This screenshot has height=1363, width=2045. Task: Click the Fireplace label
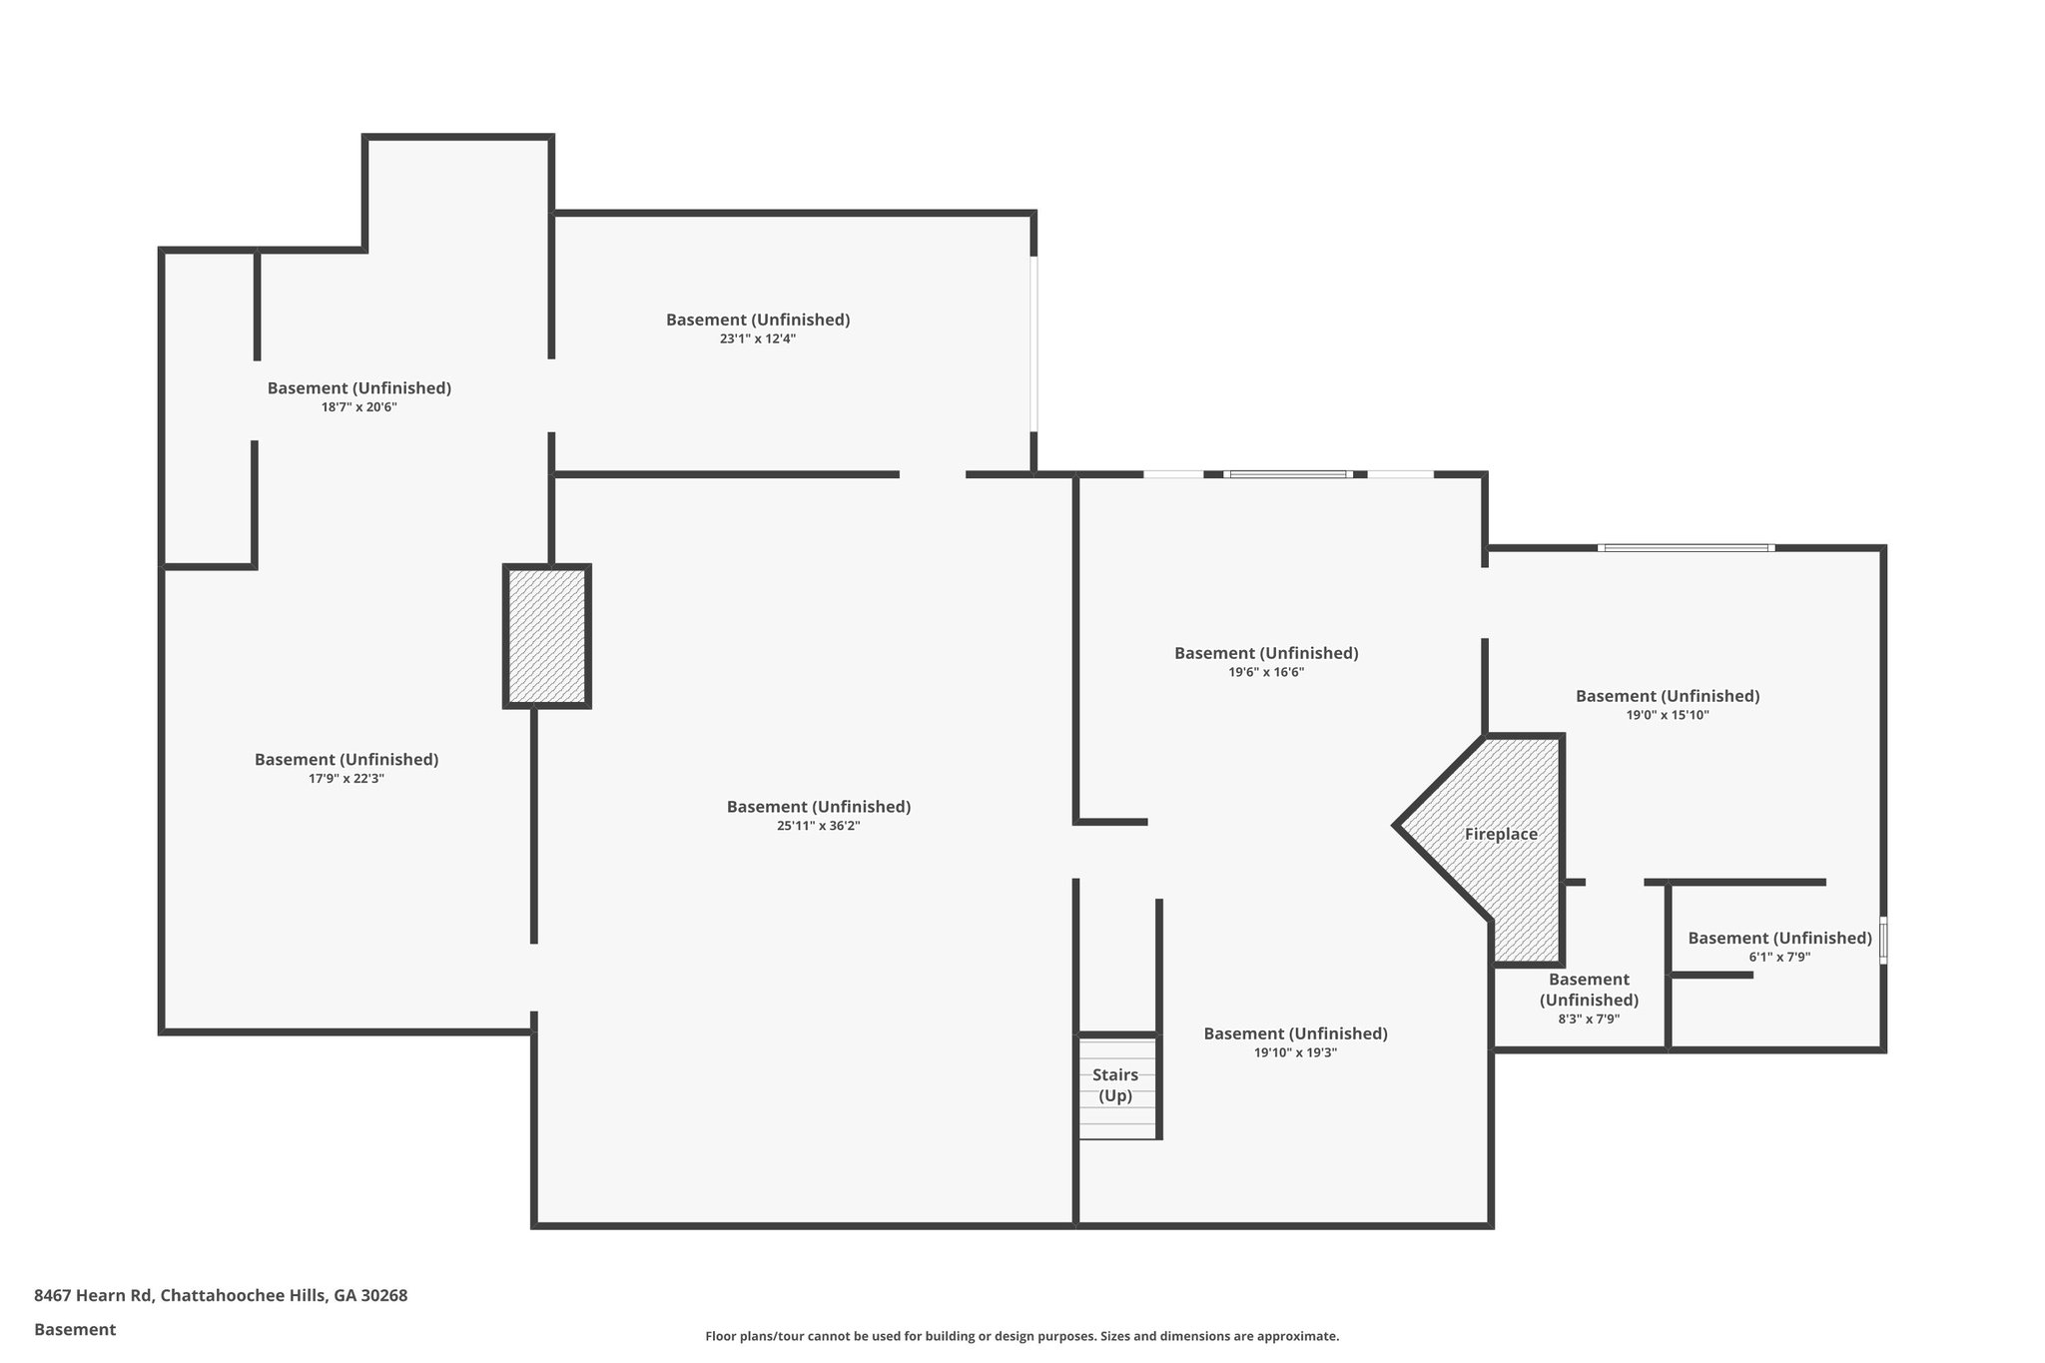click(x=1500, y=835)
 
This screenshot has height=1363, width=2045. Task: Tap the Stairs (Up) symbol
click(x=1116, y=1086)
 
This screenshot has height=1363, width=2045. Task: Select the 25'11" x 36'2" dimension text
click(x=818, y=826)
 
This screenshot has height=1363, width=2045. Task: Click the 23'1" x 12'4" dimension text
click(x=758, y=339)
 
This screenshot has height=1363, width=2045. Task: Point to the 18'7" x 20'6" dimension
click(x=359, y=407)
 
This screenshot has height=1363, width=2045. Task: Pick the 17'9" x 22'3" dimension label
click(x=346, y=779)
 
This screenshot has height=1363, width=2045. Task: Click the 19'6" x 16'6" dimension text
click(x=1266, y=673)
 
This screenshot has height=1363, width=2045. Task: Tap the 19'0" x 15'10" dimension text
click(x=1668, y=715)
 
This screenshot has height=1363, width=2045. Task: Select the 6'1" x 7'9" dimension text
click(x=1779, y=957)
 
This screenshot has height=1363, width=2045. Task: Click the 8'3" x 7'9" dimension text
click(x=1589, y=1020)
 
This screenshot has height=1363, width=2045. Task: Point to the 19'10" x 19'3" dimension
click(x=1295, y=1052)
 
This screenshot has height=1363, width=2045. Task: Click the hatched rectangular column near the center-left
click(x=546, y=637)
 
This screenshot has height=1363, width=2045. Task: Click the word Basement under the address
click(x=75, y=1329)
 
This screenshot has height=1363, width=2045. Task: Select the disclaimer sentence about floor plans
click(x=1022, y=1336)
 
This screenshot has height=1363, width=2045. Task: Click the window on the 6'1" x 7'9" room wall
click(x=1883, y=941)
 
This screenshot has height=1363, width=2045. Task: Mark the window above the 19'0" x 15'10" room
click(x=1686, y=548)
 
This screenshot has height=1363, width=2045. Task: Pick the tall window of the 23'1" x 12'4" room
click(x=1033, y=344)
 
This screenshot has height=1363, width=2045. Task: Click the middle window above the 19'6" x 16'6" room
click(x=1287, y=474)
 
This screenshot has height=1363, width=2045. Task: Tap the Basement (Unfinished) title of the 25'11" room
click(x=818, y=807)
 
